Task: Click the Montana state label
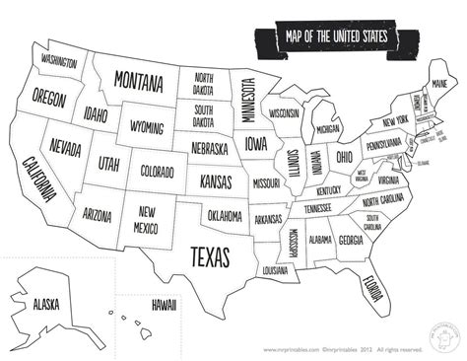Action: pos(138,80)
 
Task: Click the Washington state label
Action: pos(60,61)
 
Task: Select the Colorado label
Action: pos(157,170)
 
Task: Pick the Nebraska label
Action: pos(209,149)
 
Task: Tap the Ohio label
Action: pos(344,157)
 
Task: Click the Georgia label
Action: pos(350,239)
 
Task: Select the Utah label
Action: pos(108,161)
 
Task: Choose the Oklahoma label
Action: pos(225,214)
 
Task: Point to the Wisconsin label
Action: pos(284,113)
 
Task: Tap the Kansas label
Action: pos(215,182)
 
